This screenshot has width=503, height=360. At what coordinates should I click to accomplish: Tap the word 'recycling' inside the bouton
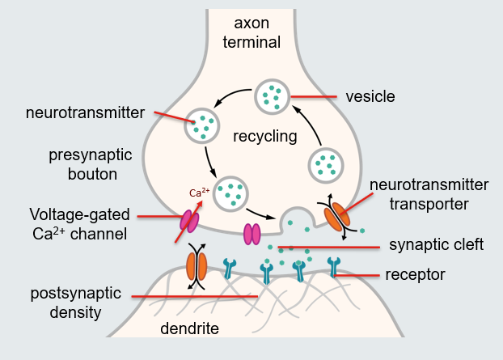click(x=264, y=136)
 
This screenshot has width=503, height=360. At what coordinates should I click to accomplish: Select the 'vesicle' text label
click(x=370, y=96)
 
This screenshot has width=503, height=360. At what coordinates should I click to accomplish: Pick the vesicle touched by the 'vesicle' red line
click(x=272, y=97)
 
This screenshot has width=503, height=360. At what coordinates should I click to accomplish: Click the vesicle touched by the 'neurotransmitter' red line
click(x=203, y=125)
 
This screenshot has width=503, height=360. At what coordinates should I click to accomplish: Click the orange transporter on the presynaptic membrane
click(x=338, y=214)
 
